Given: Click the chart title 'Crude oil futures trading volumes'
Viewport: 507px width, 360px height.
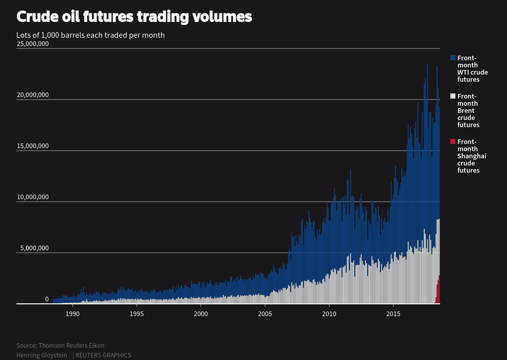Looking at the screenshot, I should pos(134,17).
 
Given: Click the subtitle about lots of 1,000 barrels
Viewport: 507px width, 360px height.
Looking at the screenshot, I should pos(90,35).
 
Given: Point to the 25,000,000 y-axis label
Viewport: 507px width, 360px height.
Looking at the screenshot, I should pos(33,44).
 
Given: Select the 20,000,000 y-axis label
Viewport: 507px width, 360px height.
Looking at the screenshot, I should pos(33,95).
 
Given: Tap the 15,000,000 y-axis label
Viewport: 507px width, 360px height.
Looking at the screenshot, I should pos(33,146).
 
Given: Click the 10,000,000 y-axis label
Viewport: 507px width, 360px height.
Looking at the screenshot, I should pos(33,197).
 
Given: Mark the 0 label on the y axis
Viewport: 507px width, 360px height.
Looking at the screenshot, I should pos(46,299).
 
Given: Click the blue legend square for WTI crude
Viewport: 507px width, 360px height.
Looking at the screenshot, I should pos(453,58).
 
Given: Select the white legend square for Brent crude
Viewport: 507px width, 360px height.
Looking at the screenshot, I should pos(453,96).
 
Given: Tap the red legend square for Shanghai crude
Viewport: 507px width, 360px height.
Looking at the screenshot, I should pos(453,141).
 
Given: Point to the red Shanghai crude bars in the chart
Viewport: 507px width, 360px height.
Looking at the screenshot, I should pos(438,291).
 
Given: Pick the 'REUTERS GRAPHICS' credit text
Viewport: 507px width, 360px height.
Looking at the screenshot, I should pos(103,355).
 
